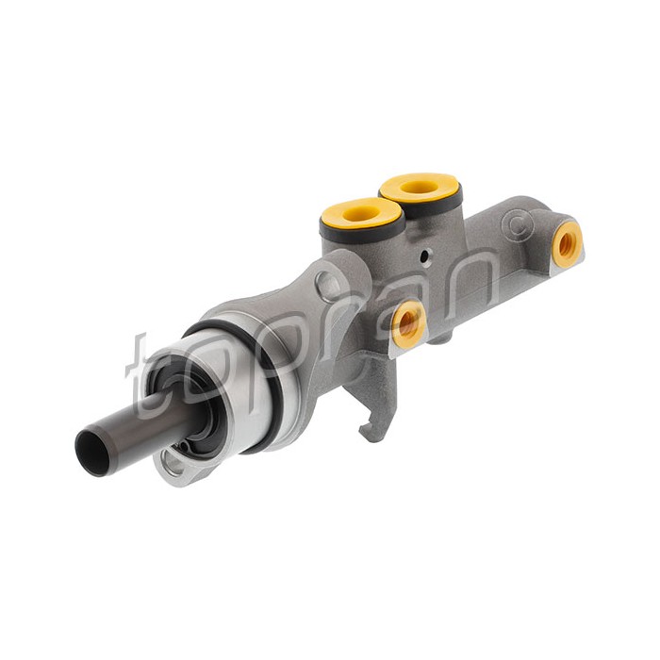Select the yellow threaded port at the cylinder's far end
coord(568,244)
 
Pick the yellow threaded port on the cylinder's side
coord(407,323)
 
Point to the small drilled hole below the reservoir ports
coord(426,256)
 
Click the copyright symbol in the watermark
coord(519,226)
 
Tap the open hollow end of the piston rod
coord(91,453)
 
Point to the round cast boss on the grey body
coord(329,285)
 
